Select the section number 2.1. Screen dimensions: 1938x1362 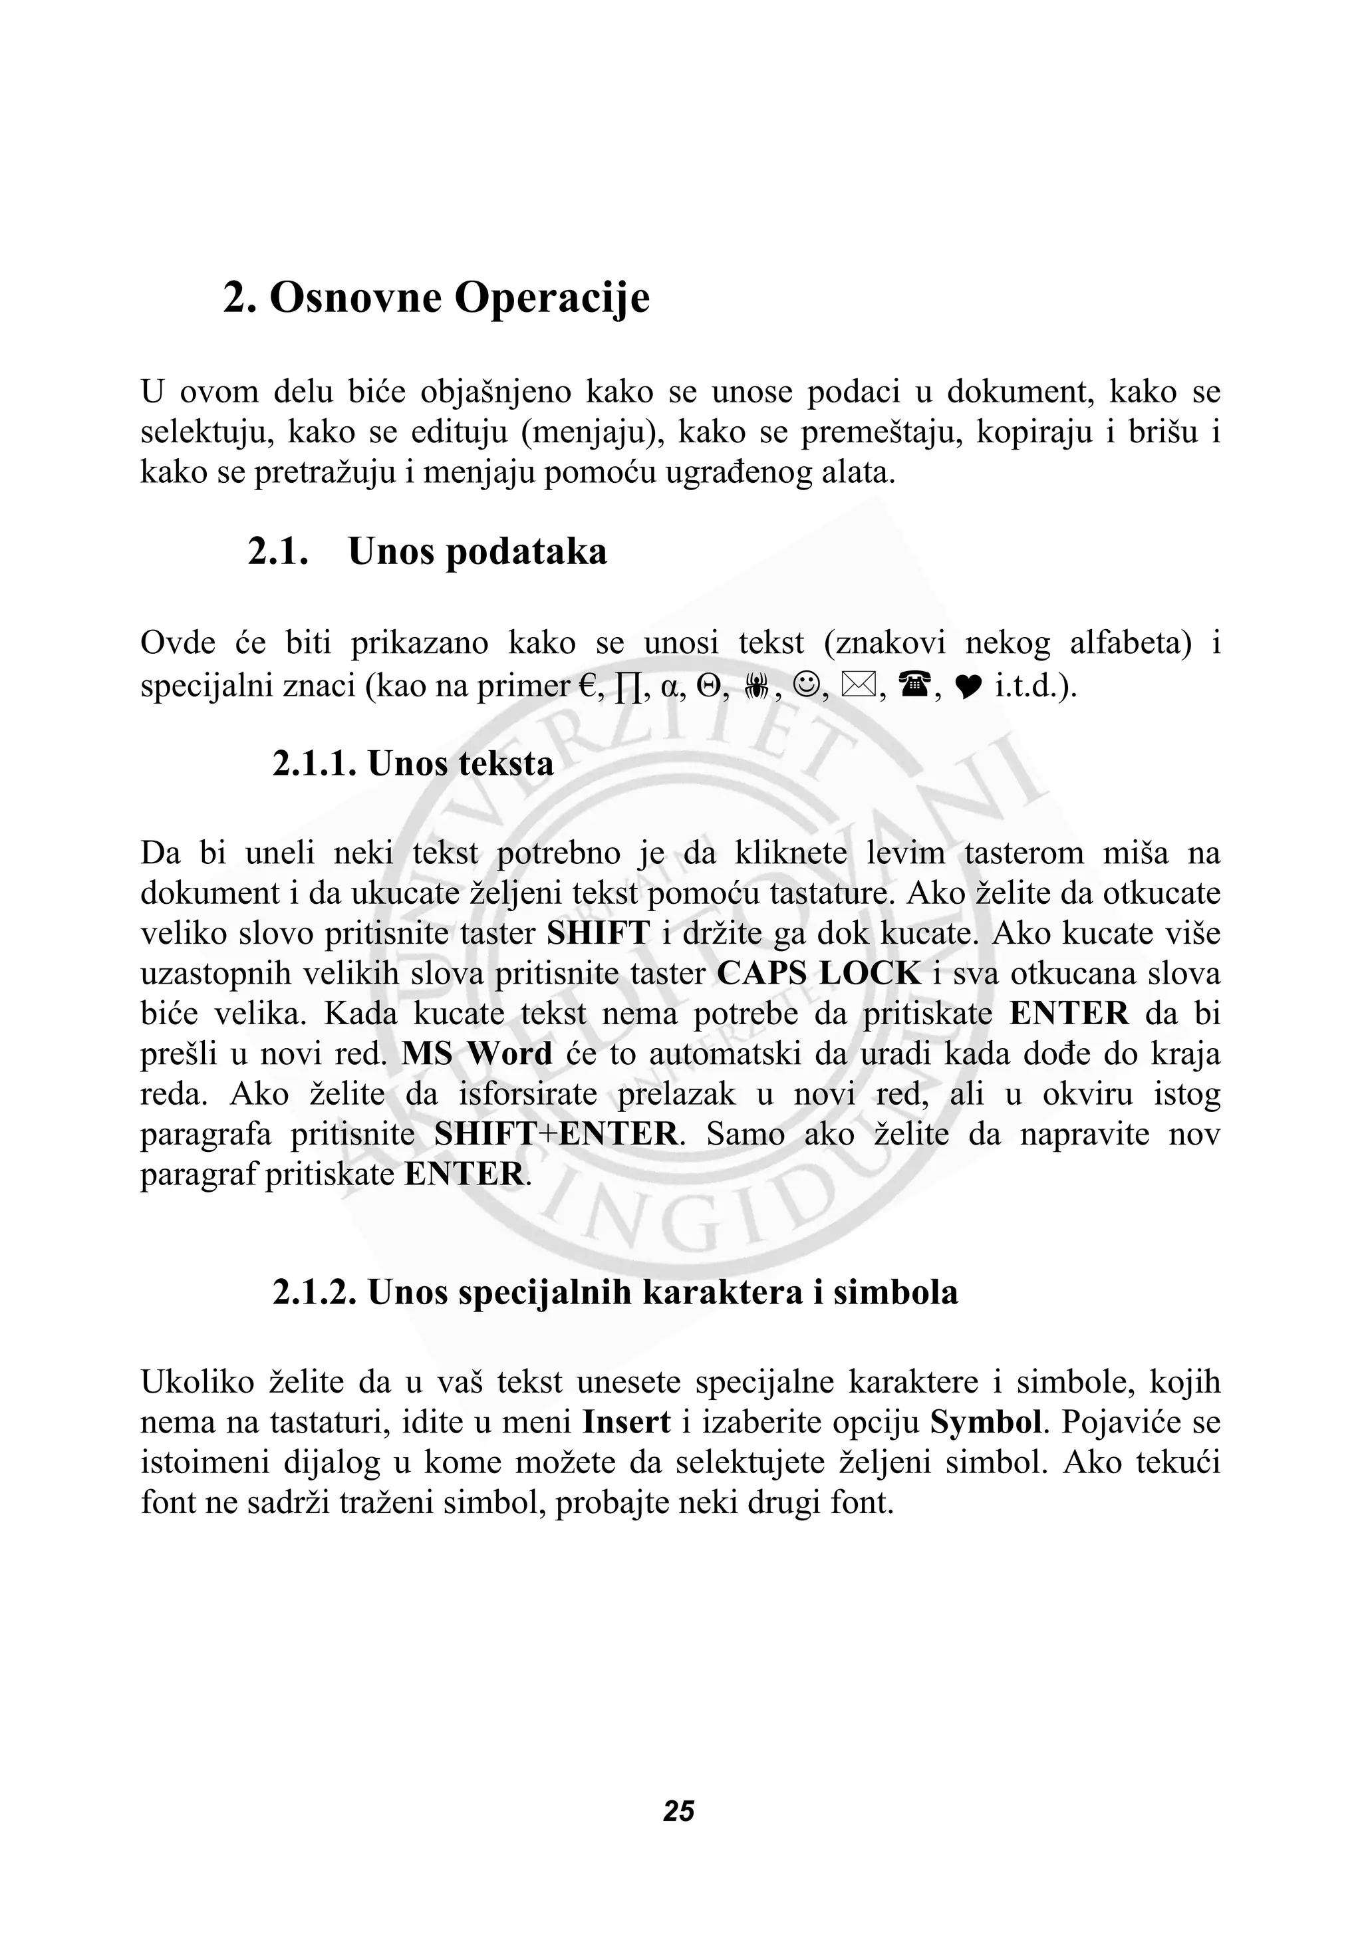277,552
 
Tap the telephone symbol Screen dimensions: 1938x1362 914,686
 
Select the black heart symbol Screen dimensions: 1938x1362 969,687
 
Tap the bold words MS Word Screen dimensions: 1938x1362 477,1053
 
